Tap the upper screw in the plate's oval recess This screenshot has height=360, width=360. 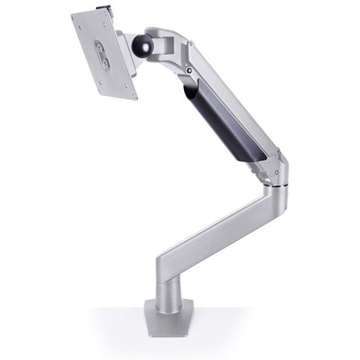click(102, 48)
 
